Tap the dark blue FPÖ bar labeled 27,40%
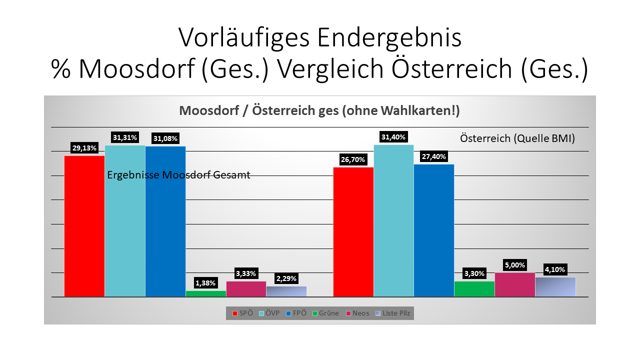pyautogui.click(x=434, y=230)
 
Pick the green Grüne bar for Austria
pyautogui.click(x=474, y=289)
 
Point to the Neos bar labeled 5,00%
pyautogui.click(x=515, y=284)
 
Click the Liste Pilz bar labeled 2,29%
pyautogui.click(x=286, y=291)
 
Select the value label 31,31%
pyautogui.click(x=124, y=137)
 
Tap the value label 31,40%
pyautogui.click(x=393, y=137)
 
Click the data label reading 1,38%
pyautogui.click(x=205, y=283)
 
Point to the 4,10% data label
pyautogui.click(x=555, y=269)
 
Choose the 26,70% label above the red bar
pyautogui.click(x=353, y=160)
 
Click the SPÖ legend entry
pyautogui.click(x=243, y=313)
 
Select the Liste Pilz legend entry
pyautogui.click(x=392, y=313)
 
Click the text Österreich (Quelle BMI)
pyautogui.click(x=517, y=138)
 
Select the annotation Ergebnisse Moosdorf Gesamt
pyautogui.click(x=178, y=175)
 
